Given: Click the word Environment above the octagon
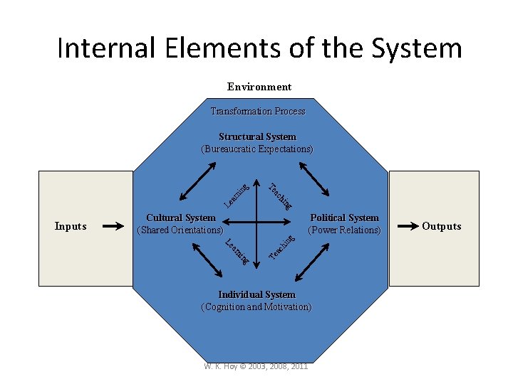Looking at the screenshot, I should [x=259, y=87].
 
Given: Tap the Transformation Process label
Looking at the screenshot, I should [x=257, y=111].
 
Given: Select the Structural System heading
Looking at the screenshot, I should [x=257, y=137].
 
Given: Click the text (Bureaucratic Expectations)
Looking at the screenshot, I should [x=257, y=149].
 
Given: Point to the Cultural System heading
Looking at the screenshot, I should [x=180, y=218].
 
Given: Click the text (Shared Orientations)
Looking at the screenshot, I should [x=180, y=230].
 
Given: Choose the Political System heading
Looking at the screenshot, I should [x=344, y=218].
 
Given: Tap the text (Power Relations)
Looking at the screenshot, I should [x=344, y=230].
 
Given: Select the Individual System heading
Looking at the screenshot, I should [x=256, y=294].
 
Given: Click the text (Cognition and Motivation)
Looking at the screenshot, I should [x=256, y=307].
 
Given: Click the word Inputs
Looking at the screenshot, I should [x=71, y=226].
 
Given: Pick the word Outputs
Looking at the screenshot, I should [x=442, y=226].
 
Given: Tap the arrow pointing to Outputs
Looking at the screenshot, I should [x=407, y=226].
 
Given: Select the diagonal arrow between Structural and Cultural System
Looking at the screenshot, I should [x=199, y=181].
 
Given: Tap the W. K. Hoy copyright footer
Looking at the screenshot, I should [x=255, y=366].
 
